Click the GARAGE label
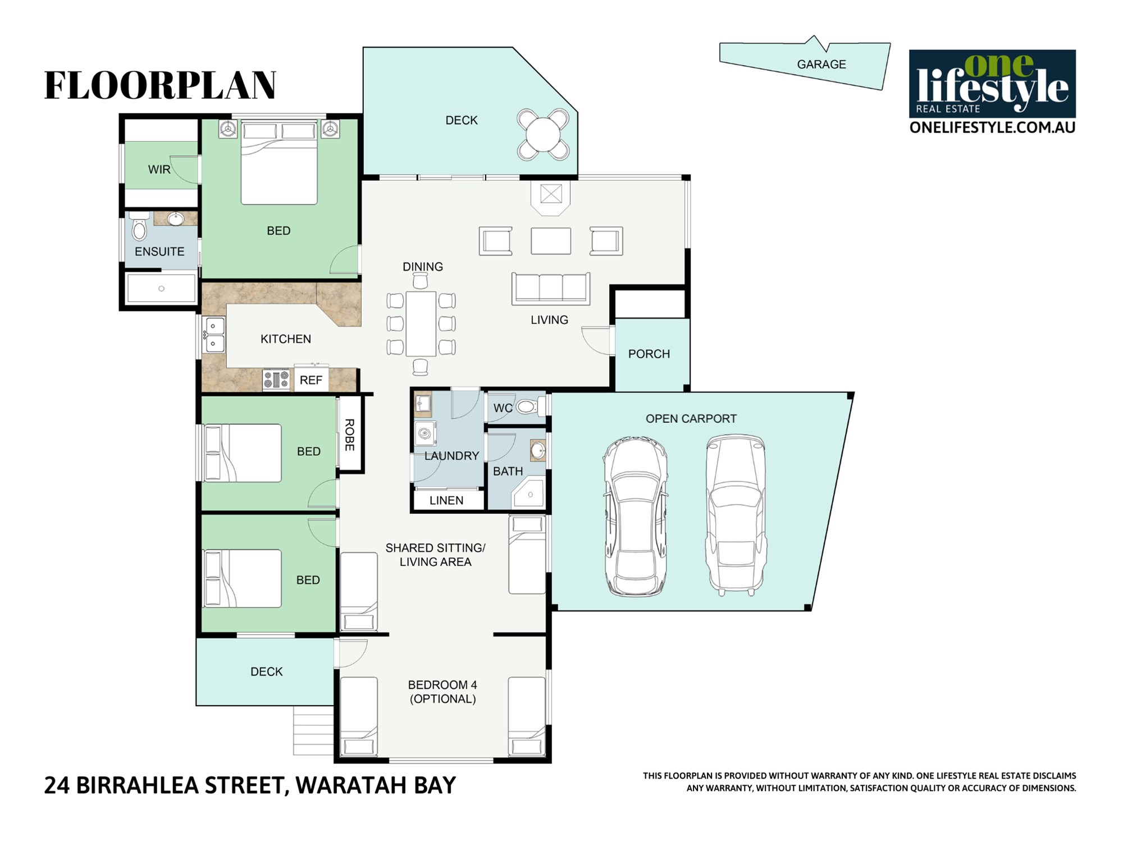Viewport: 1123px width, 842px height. pyautogui.click(x=821, y=65)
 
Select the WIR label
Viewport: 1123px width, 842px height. pyautogui.click(x=159, y=170)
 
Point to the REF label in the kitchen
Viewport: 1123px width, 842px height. pyautogui.click(x=311, y=381)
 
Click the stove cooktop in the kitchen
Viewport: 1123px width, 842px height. pyautogui.click(x=276, y=379)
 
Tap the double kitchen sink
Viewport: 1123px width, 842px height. pyautogui.click(x=214, y=335)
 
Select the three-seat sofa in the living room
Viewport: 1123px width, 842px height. pyautogui.click(x=551, y=289)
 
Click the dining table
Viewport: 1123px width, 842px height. pyautogui.click(x=421, y=323)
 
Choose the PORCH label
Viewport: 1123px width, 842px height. pyautogui.click(x=649, y=354)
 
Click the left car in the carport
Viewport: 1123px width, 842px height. pyautogui.click(x=636, y=516)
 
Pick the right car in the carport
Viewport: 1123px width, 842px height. pyautogui.click(x=736, y=514)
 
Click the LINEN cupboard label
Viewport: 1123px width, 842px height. pyautogui.click(x=446, y=501)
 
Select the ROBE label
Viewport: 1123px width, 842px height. pyautogui.click(x=349, y=435)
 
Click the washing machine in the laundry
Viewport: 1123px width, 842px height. pyautogui.click(x=426, y=433)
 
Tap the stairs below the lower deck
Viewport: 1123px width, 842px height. pyautogui.click(x=313, y=730)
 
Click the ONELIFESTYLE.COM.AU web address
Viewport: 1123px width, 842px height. pyautogui.click(x=992, y=127)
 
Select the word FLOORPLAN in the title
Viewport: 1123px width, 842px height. pyautogui.click(x=160, y=85)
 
